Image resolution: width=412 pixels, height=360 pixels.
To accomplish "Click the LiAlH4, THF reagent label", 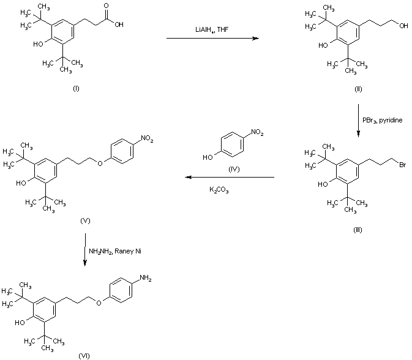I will (x=211, y=29).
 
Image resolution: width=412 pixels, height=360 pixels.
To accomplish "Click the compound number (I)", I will (x=76, y=89).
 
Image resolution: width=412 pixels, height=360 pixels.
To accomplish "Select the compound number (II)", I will (x=358, y=89).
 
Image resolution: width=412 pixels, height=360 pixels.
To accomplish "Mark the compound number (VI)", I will (x=84, y=354).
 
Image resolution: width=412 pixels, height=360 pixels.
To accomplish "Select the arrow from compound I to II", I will (x=212, y=39).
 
